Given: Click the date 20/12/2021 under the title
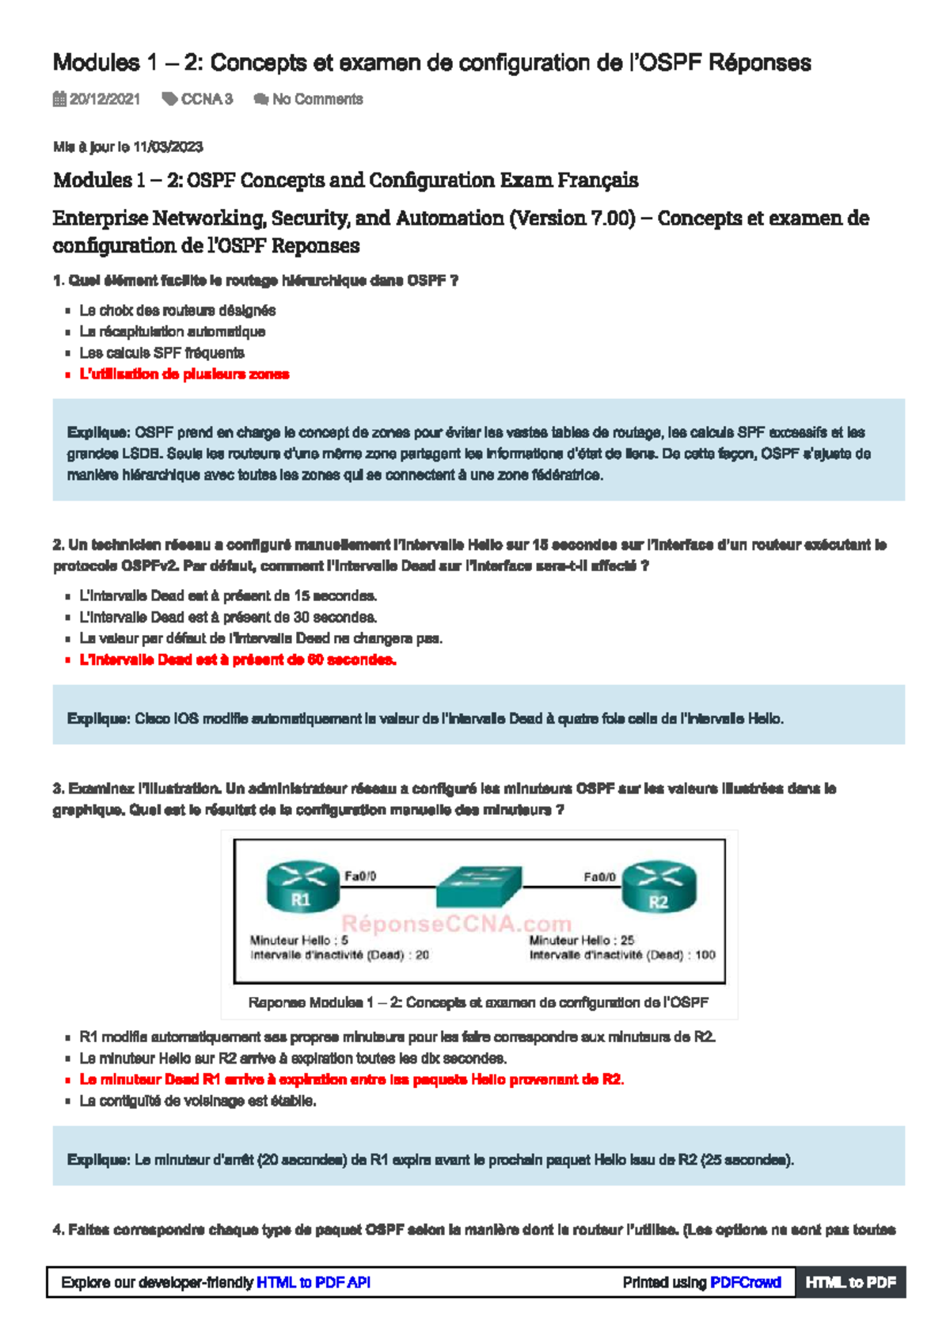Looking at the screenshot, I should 104,99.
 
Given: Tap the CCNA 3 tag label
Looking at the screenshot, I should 206,99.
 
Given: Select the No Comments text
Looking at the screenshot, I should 317,99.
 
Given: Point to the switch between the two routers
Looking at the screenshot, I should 479,885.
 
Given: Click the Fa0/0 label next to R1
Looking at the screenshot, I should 360,876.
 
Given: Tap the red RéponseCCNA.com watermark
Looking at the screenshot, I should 456,923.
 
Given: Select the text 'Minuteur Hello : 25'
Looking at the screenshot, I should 581,940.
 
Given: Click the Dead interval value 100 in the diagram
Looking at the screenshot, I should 705,955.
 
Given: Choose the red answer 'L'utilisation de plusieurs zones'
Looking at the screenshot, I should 184,374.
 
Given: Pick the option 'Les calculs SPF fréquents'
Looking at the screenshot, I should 161,352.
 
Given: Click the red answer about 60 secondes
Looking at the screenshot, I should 237,660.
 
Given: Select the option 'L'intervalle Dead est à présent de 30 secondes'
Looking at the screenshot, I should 228,617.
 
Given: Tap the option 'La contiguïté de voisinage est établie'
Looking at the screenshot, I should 197,1101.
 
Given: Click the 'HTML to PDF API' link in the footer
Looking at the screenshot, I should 313,1282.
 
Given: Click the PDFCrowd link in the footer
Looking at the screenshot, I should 745,1282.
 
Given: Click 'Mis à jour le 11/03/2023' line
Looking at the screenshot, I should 127,146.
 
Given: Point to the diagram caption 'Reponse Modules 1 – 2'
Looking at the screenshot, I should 478,1002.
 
